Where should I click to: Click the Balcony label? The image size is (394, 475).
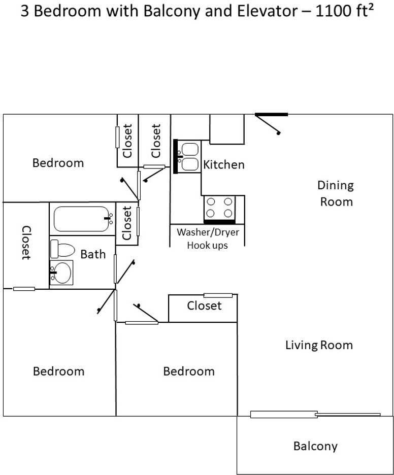point(315,446)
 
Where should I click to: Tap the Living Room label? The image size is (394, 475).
point(319,345)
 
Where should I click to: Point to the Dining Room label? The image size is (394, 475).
point(336,193)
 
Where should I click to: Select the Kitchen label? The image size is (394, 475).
point(224,164)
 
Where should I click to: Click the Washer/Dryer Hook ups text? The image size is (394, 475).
point(208,239)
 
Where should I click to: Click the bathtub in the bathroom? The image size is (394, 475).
point(82,219)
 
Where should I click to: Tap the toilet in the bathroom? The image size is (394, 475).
point(62,249)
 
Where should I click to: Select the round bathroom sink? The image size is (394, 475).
point(61,273)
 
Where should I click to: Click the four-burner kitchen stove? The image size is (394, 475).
point(219,209)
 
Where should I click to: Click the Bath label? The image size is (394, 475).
point(93,254)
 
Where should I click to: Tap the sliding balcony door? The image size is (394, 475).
point(315,414)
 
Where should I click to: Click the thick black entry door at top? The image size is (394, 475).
point(272,115)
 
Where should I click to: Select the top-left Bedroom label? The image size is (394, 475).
point(58,163)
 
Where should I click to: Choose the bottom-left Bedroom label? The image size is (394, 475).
point(58,371)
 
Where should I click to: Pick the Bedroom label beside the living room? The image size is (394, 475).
point(189,371)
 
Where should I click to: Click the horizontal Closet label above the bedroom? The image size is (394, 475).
point(204,306)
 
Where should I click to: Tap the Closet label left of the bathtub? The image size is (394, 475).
point(26,243)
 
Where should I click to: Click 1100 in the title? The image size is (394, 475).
point(333,11)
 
